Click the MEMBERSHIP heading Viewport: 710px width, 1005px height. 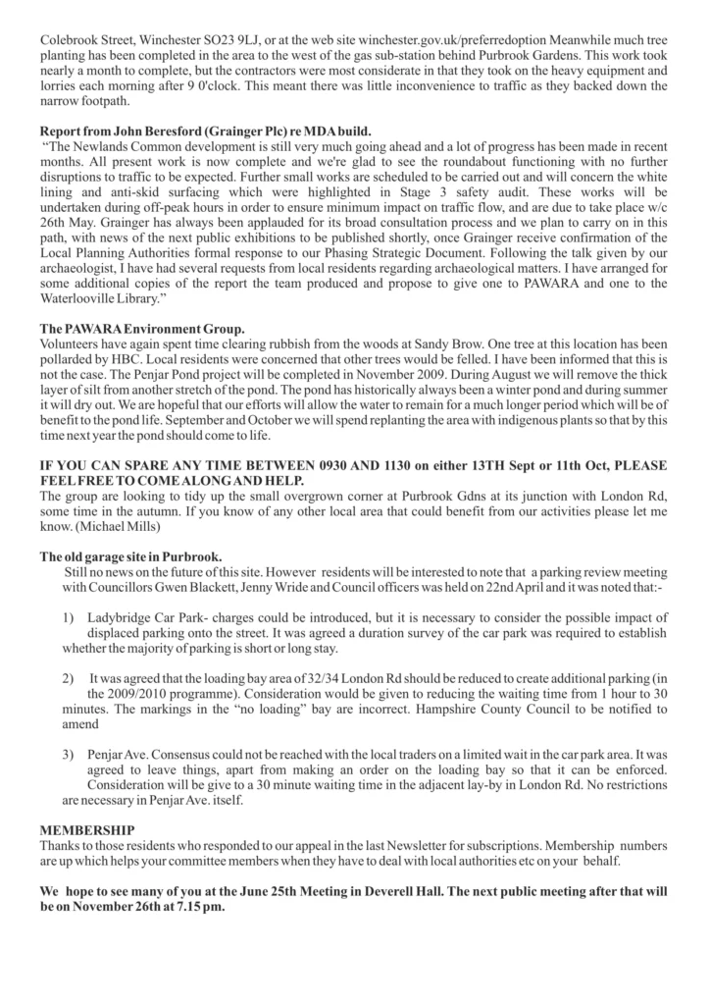[x=87, y=830]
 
